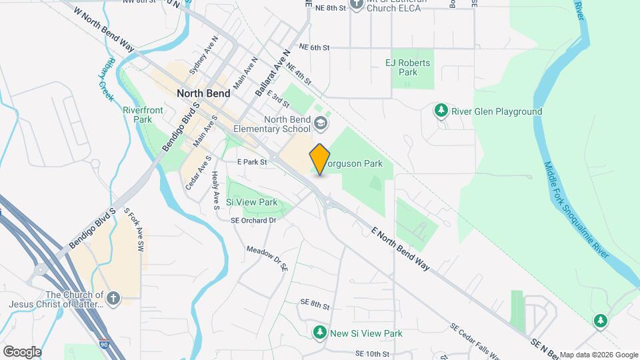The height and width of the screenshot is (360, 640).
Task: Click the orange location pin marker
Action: click(x=319, y=159)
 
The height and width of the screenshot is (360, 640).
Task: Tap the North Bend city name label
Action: click(x=203, y=93)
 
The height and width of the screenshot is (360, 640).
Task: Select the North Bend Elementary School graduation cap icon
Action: click(x=321, y=123)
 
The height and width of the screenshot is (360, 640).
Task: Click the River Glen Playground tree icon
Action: click(x=440, y=111)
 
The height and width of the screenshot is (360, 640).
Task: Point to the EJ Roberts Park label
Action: click(x=408, y=67)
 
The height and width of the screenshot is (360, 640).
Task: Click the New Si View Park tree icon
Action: click(x=321, y=332)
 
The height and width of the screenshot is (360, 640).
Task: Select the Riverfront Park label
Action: click(x=138, y=115)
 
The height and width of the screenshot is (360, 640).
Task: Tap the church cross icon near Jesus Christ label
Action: click(x=113, y=298)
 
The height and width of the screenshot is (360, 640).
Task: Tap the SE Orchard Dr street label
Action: click(x=253, y=221)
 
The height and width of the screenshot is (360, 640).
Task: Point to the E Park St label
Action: click(x=252, y=162)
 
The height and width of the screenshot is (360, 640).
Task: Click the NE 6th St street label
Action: click(x=315, y=47)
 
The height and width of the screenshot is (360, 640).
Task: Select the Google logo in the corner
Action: click(x=22, y=351)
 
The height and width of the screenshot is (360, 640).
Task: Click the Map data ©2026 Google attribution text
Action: click(x=598, y=354)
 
